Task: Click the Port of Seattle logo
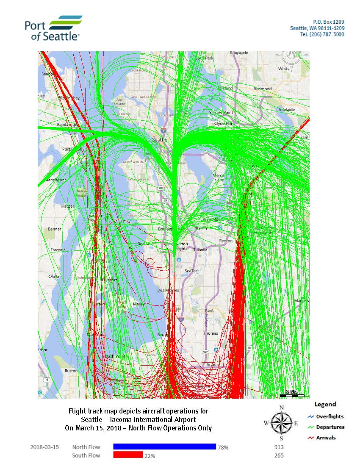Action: tap(53, 28)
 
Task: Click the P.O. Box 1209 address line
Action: tap(329, 21)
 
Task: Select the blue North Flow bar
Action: tap(164, 447)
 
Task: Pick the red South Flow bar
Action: tap(127, 455)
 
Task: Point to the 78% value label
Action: tap(223, 447)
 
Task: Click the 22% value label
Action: tap(150, 456)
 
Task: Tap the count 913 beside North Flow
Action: tap(279, 447)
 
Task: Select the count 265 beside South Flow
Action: tap(279, 455)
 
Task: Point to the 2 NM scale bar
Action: tap(292, 394)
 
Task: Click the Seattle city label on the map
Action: tap(160, 140)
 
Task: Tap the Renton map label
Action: tap(226, 241)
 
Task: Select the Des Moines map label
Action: tap(168, 290)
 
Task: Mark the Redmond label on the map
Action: tap(263, 89)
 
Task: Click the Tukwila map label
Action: tap(200, 250)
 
